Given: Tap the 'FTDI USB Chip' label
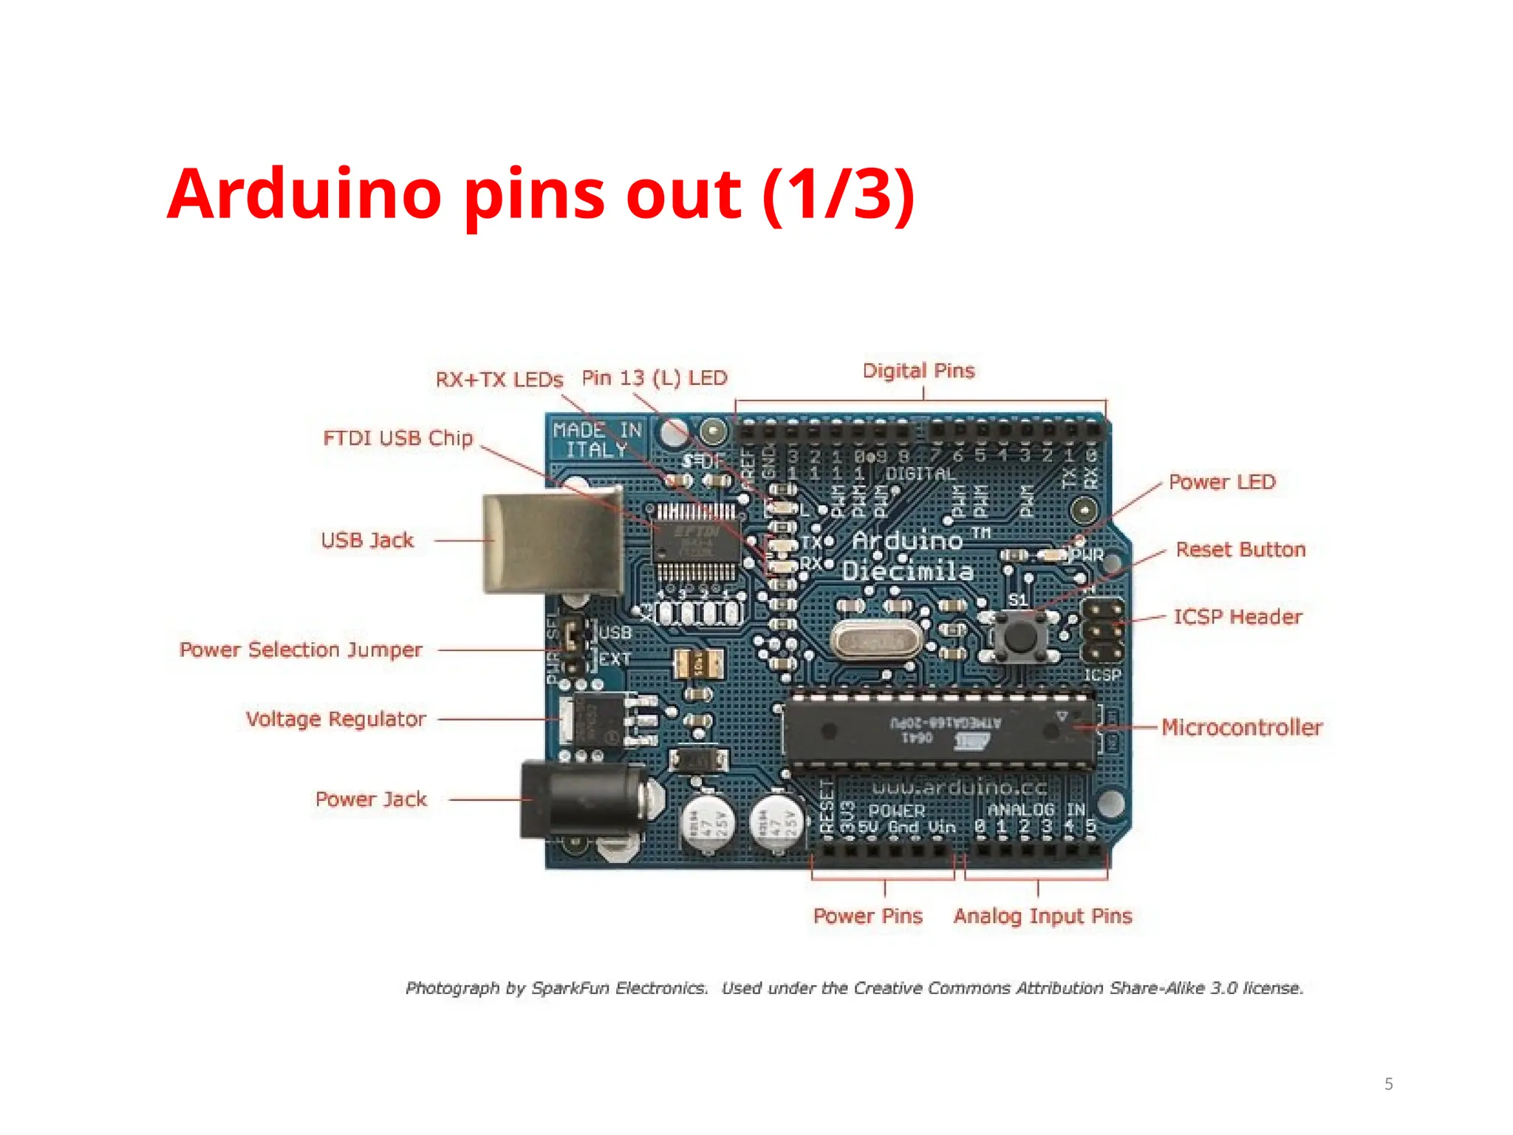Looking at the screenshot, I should tap(397, 438).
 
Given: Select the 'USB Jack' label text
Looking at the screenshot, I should tap(367, 540).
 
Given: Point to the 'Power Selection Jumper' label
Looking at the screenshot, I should tap(301, 650).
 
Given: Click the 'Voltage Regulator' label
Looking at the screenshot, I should tap(335, 719).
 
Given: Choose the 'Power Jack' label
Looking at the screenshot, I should tap(371, 799).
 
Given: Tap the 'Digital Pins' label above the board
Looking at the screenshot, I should tap(918, 370).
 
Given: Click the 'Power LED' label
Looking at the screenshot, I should tap(1222, 482).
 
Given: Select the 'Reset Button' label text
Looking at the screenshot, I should tap(1240, 549).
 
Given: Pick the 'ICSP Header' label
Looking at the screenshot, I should tap(1237, 616).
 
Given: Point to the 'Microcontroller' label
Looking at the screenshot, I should tap(1242, 727).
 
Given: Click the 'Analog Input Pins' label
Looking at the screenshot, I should tap(1042, 916).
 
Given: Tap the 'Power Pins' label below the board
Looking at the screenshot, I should tap(867, 916).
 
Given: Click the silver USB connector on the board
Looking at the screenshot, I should tap(550, 543).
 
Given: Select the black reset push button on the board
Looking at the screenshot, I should tap(1018, 636).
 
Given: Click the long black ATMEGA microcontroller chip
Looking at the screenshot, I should tap(938, 731).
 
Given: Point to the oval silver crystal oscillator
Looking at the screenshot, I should tap(875, 641).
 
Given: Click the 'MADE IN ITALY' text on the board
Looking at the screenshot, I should tap(597, 440).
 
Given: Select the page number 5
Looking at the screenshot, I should tap(1389, 1084).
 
